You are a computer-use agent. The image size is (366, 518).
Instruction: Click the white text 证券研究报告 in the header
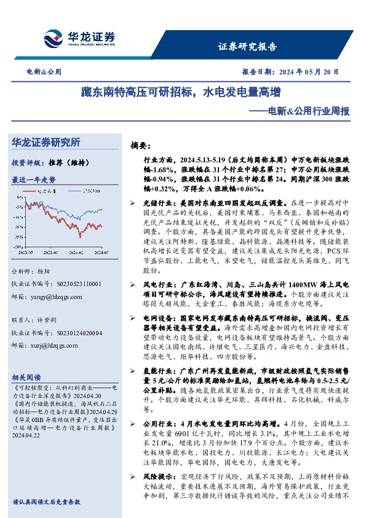click(248, 47)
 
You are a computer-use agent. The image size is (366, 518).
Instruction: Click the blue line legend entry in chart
click(89, 191)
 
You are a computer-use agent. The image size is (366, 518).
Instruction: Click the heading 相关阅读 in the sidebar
click(26, 377)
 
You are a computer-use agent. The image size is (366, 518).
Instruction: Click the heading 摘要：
click(140, 146)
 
